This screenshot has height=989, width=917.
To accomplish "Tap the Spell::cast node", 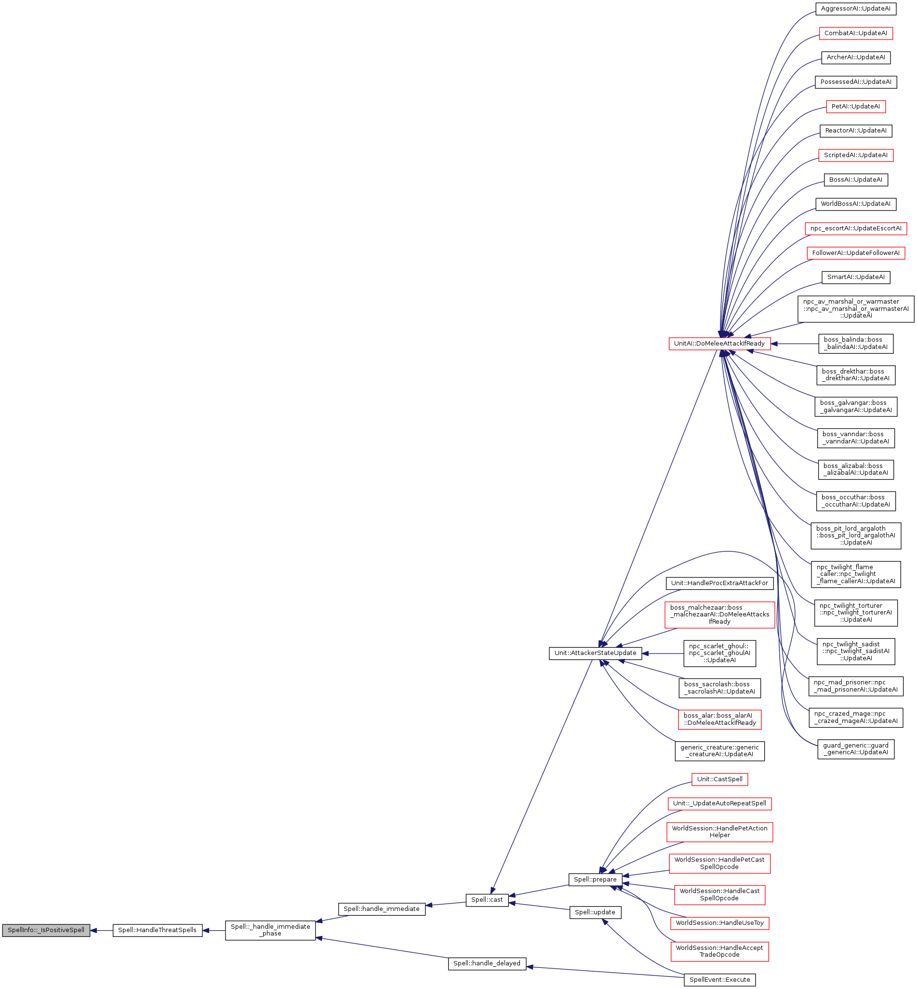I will pos(487,900).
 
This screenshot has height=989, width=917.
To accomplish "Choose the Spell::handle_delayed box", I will pos(487,963).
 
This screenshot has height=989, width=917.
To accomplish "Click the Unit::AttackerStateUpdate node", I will pos(595,653).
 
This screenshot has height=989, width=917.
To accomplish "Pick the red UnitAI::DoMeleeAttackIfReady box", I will pos(719,343).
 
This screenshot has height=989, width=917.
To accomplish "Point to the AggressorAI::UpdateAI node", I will pos(855,9).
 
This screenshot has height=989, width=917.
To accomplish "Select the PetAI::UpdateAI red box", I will pos(855,107).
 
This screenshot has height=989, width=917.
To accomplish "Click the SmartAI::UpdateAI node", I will pos(855,278).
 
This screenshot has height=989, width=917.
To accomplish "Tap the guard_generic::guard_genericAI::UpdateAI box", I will pos(855,749).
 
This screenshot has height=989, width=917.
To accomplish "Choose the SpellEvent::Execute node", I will pos(719,979).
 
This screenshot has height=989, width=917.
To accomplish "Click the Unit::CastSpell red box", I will pos(719,779).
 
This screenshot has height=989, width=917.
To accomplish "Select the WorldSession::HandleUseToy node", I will pos(719,923).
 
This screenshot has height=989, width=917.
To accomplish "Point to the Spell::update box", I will pos(595,912).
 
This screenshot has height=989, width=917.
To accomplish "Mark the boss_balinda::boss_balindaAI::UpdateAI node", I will pos(855,343).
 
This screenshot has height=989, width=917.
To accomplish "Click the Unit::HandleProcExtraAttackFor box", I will pos(719,583).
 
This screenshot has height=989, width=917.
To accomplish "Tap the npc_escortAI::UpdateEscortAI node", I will pos(855,229).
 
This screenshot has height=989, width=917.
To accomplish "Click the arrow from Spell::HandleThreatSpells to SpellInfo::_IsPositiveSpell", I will pos(101,931).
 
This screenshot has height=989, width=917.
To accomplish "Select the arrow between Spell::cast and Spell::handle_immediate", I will pos(446,904).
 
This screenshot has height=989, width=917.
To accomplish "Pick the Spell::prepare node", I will pos(595,879).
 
